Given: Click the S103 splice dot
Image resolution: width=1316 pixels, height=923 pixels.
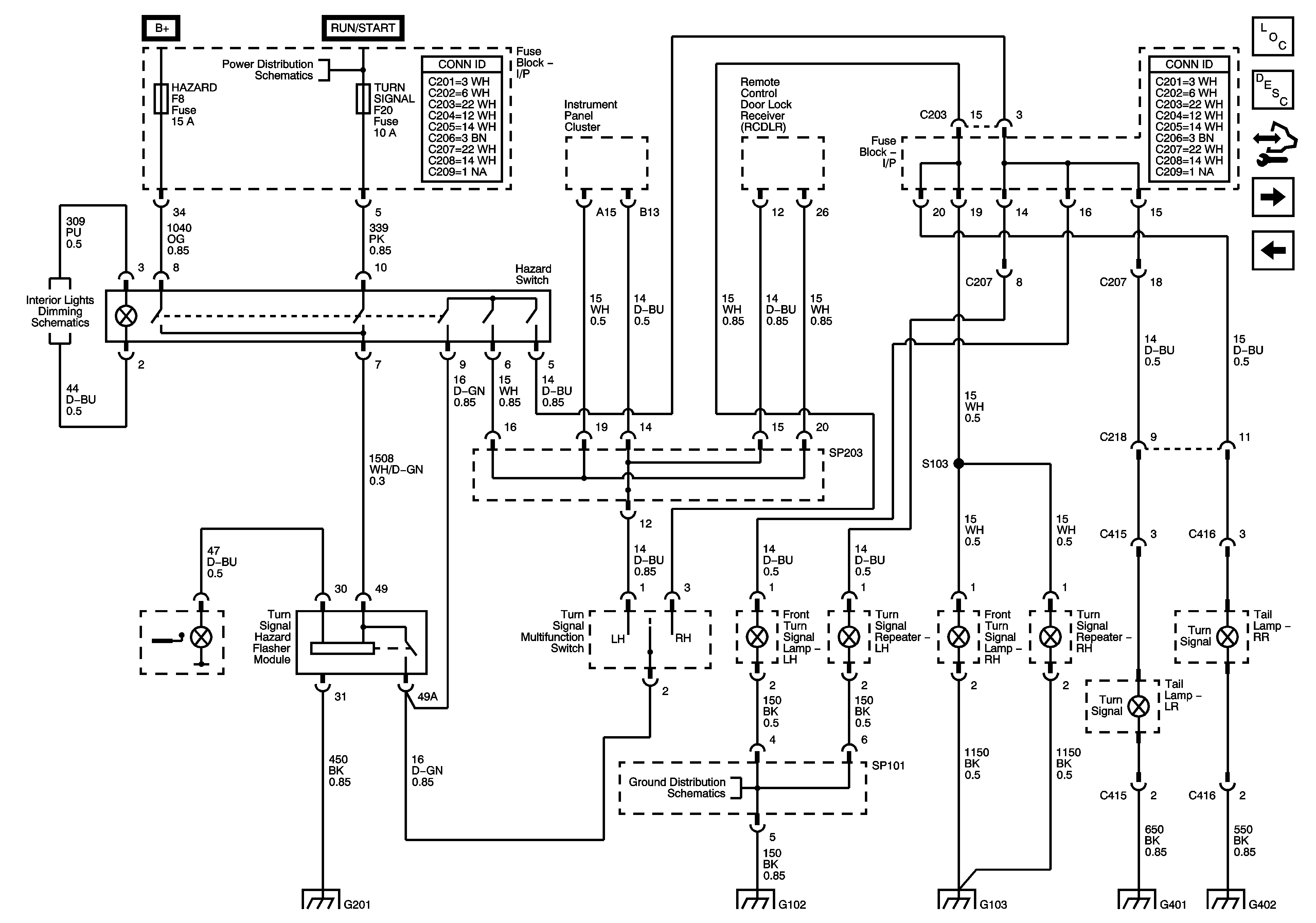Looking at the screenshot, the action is click(958, 463).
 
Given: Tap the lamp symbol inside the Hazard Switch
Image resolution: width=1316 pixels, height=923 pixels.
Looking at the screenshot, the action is click(126, 316).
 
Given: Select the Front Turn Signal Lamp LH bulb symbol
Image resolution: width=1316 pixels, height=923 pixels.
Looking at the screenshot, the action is click(757, 636).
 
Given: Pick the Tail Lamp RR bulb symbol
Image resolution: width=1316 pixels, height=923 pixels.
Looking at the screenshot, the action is click(1227, 636).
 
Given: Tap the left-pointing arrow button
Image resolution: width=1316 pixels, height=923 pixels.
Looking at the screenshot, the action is click(1273, 250).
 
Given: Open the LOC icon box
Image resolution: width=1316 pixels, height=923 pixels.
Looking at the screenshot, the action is click(1273, 36).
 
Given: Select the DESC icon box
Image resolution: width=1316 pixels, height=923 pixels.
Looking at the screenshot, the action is click(1273, 89).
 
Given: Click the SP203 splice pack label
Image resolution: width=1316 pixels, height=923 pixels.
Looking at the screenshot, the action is click(846, 453).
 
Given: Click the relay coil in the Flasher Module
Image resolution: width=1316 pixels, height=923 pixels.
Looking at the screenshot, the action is click(342, 649).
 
